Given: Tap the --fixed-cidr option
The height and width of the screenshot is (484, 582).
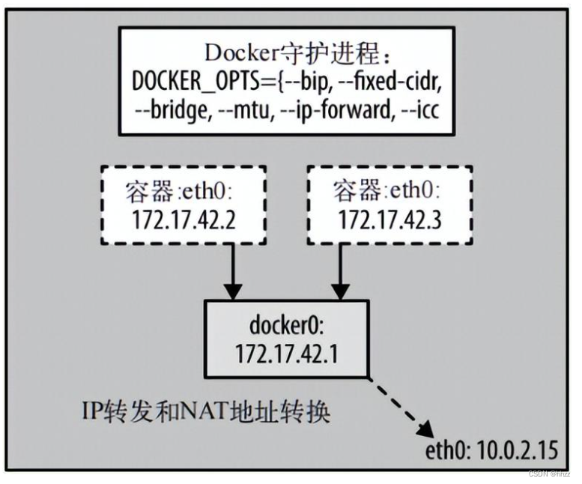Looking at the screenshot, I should click(386, 80).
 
